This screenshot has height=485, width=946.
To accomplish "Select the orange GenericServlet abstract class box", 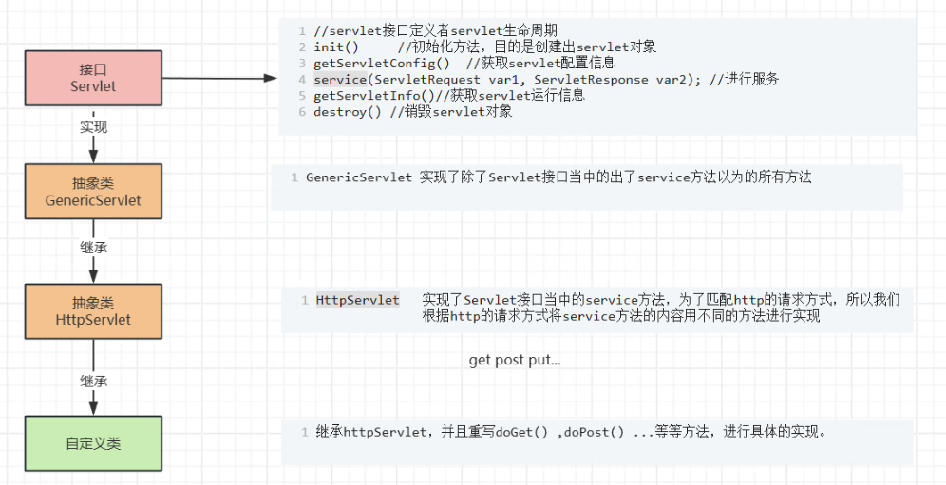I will (x=93, y=192).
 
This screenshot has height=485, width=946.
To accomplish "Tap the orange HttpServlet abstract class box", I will (x=93, y=311).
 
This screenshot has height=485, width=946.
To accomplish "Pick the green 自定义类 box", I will (x=93, y=443).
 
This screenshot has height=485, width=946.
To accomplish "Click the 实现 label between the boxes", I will (x=93, y=127).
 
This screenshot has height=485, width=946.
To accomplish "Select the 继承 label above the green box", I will (x=93, y=381).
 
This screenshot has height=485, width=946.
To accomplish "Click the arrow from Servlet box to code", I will (x=218, y=80).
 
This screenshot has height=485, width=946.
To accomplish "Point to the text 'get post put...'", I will (x=515, y=361).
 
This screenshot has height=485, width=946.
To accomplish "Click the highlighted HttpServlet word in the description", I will (x=358, y=300).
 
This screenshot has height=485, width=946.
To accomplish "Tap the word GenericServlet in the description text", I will (x=359, y=177).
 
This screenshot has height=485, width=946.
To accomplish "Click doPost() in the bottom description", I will (x=594, y=433).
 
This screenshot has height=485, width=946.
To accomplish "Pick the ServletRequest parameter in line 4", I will (x=427, y=80).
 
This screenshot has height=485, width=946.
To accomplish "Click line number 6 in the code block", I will (x=302, y=112).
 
